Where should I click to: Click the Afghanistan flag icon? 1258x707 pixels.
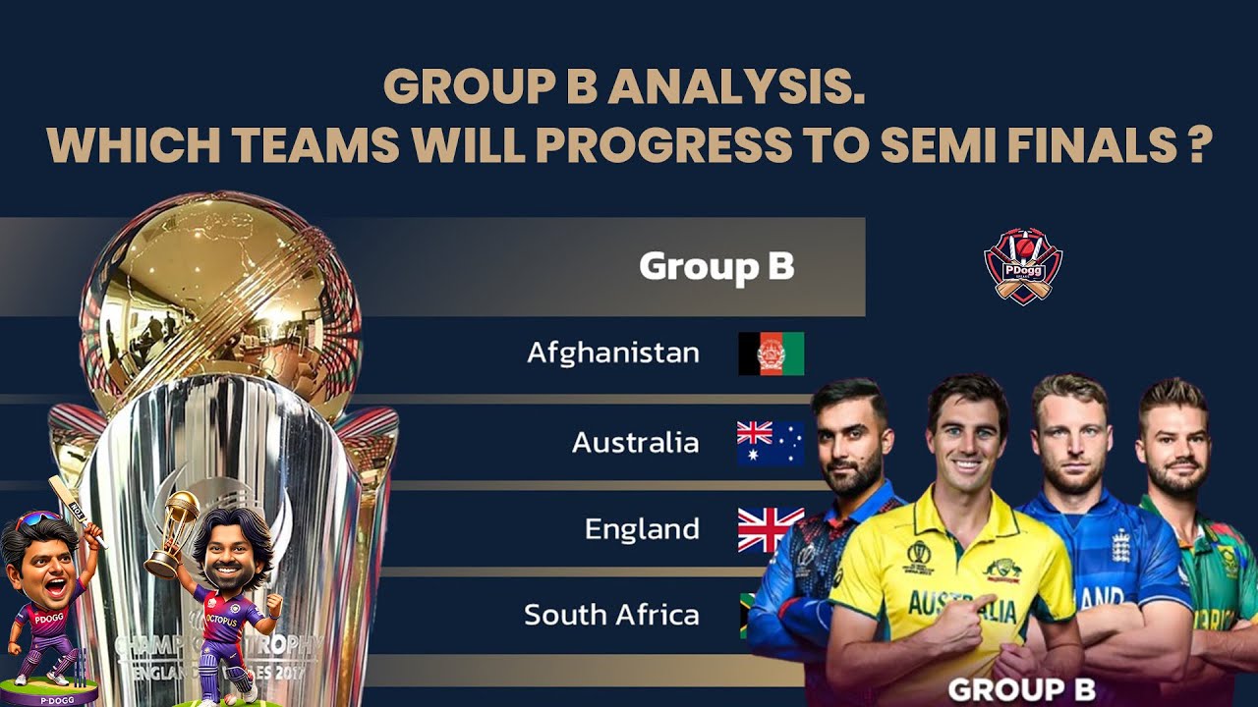[x=771, y=353]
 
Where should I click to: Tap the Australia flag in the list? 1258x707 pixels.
[x=771, y=443]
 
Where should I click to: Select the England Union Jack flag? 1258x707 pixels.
[x=771, y=529]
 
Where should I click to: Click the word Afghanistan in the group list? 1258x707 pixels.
[x=613, y=353]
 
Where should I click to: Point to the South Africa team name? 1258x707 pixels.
[x=611, y=616]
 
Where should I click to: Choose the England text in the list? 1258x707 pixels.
[x=642, y=529]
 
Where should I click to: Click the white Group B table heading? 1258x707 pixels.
[x=716, y=267]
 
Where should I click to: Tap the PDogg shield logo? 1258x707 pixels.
[x=1023, y=266]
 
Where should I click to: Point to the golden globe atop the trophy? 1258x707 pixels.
[x=221, y=295]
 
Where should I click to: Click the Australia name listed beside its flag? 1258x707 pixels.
[x=635, y=443]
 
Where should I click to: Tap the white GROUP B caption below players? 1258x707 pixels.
[x=1021, y=688]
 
